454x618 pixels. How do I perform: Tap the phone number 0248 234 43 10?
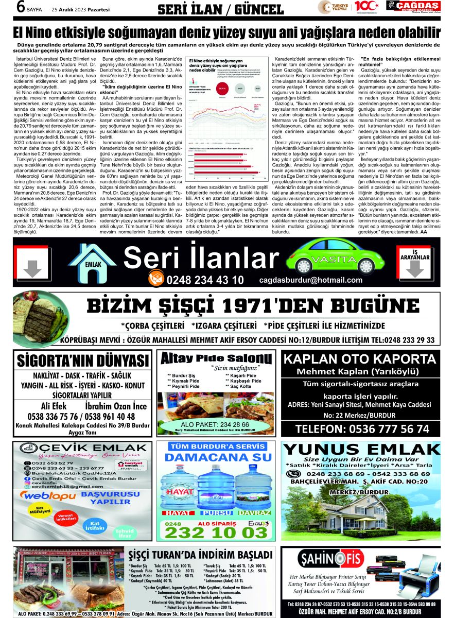[205, 280]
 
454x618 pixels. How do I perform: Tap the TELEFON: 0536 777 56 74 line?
[362, 428]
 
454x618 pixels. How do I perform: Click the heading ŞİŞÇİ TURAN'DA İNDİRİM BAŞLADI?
[201, 555]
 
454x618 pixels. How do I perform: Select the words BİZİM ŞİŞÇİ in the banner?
[152, 306]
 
